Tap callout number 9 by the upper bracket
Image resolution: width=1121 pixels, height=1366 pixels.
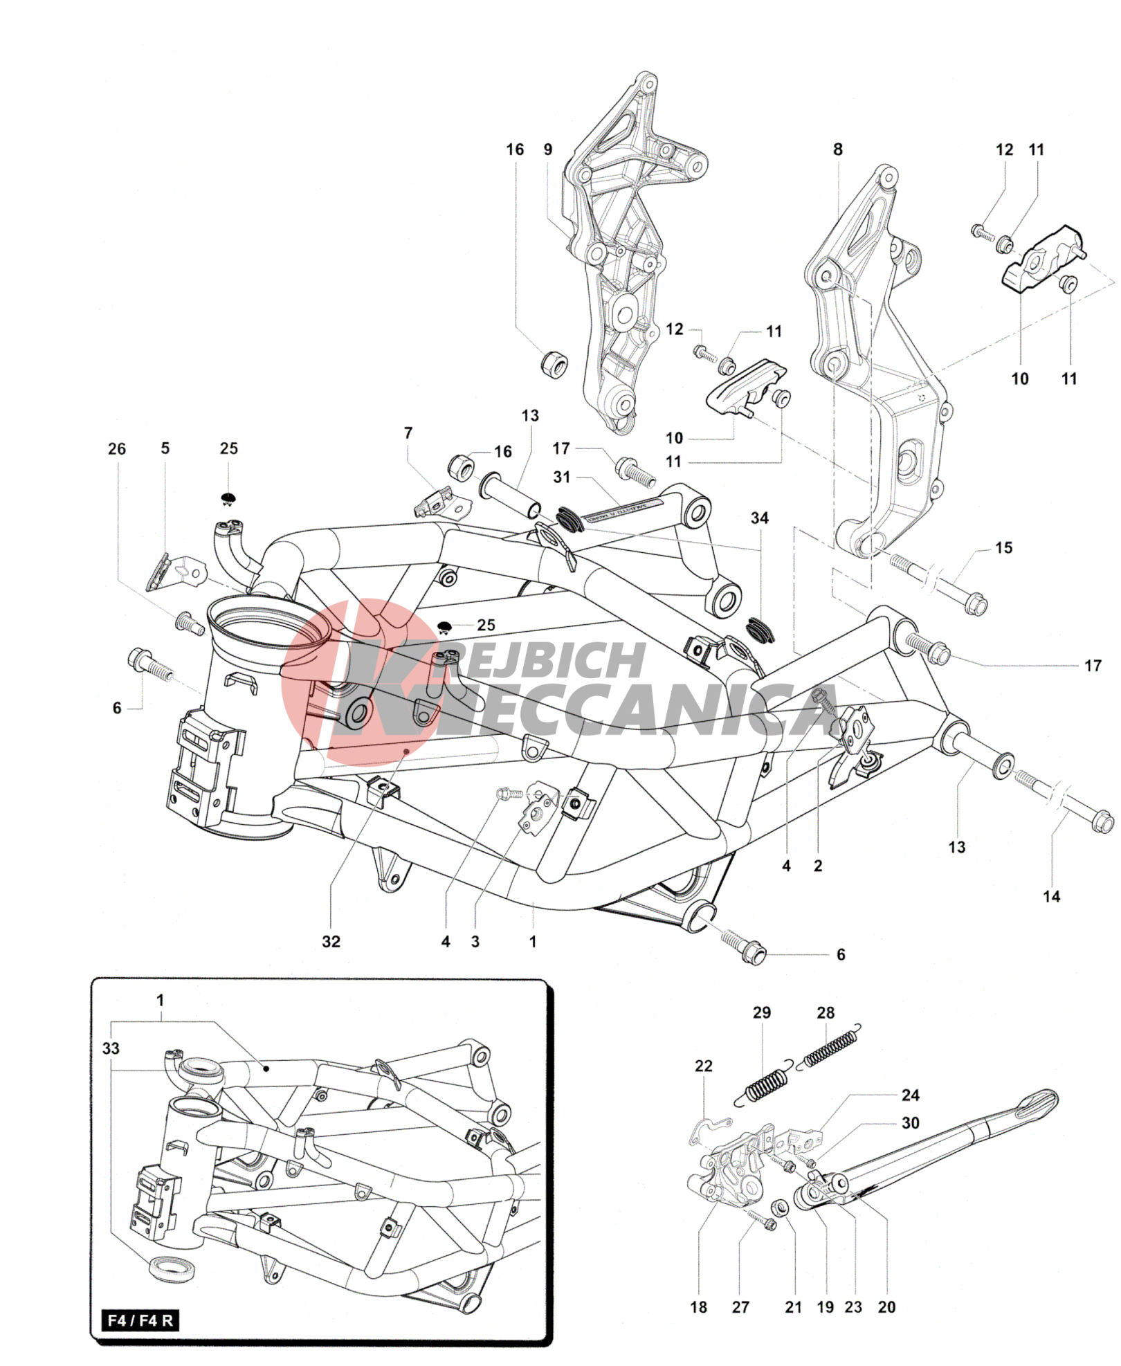point(548,149)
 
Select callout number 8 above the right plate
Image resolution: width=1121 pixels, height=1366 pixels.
point(838,149)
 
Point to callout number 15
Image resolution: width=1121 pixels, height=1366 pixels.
point(1003,548)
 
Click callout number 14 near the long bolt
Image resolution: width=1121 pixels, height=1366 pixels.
point(1051,896)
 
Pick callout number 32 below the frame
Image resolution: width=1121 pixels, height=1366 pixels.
point(331,941)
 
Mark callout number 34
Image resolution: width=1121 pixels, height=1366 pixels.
point(759,518)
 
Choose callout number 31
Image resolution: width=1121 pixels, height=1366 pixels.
point(562,477)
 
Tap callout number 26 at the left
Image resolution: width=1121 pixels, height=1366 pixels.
point(117,449)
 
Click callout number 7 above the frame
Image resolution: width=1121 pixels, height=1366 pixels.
point(408,433)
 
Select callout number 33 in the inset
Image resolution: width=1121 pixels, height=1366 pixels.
point(111,1048)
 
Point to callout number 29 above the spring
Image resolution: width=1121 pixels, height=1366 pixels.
point(761,1013)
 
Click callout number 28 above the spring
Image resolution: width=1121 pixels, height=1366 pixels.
point(826,1013)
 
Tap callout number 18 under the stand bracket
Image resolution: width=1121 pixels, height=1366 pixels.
point(699,1307)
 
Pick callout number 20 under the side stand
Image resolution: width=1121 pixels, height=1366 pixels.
point(886,1307)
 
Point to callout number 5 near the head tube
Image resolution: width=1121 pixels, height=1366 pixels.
point(165,448)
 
